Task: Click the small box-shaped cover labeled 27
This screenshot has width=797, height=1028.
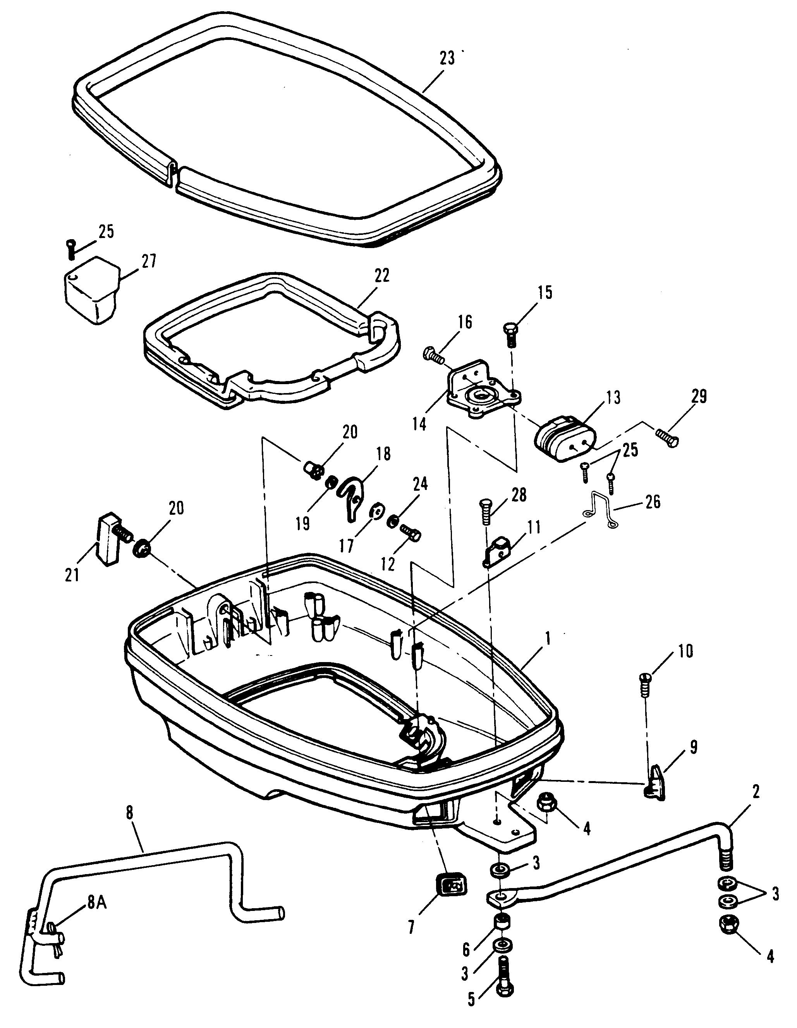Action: (93, 289)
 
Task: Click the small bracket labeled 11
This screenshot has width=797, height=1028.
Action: (496, 552)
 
